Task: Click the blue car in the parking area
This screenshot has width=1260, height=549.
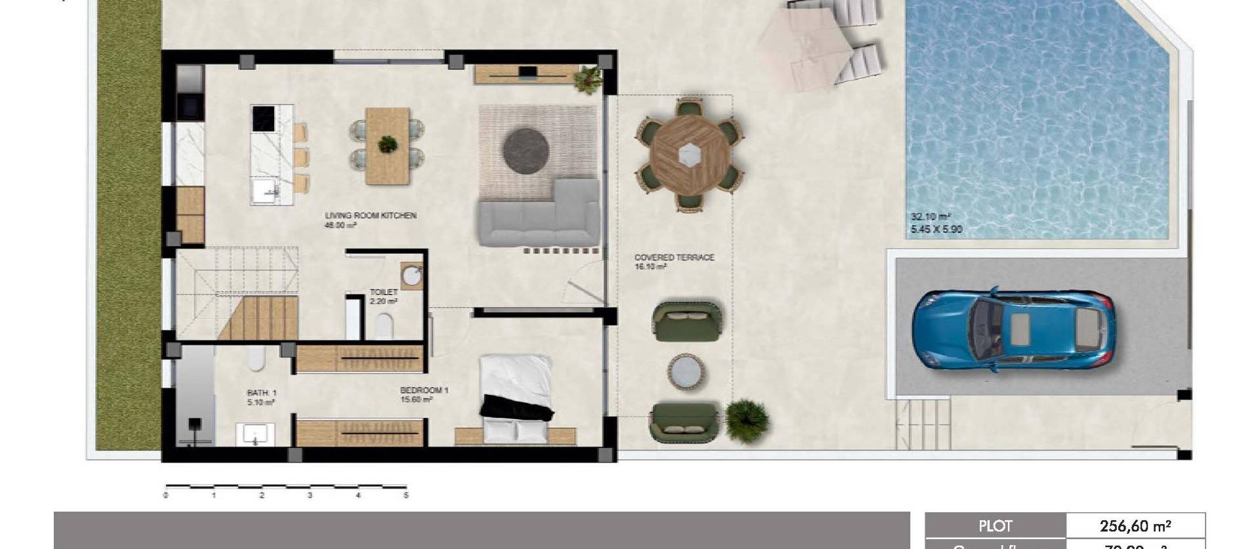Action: (1014, 329)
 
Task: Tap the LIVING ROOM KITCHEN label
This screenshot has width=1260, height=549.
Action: (371, 215)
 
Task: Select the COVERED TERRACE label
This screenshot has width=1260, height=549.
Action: (674, 258)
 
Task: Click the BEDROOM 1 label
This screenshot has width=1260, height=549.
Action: (424, 390)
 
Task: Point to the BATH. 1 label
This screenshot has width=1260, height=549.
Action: (262, 393)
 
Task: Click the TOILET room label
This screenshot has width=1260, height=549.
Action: (383, 293)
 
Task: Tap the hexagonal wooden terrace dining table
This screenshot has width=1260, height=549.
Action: (689, 155)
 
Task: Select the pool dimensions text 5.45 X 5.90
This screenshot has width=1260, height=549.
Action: (936, 230)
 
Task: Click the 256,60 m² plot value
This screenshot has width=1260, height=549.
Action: (1135, 525)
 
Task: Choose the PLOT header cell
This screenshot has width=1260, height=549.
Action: (995, 525)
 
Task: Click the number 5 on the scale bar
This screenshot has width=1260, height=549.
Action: (406, 496)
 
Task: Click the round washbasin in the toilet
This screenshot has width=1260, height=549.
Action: (412, 275)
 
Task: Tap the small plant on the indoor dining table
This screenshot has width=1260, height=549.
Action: (387, 144)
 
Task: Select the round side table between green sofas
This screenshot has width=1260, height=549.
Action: (686, 372)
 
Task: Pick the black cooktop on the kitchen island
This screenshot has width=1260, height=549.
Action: (264, 120)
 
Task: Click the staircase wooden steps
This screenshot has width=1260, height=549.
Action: (259, 318)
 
